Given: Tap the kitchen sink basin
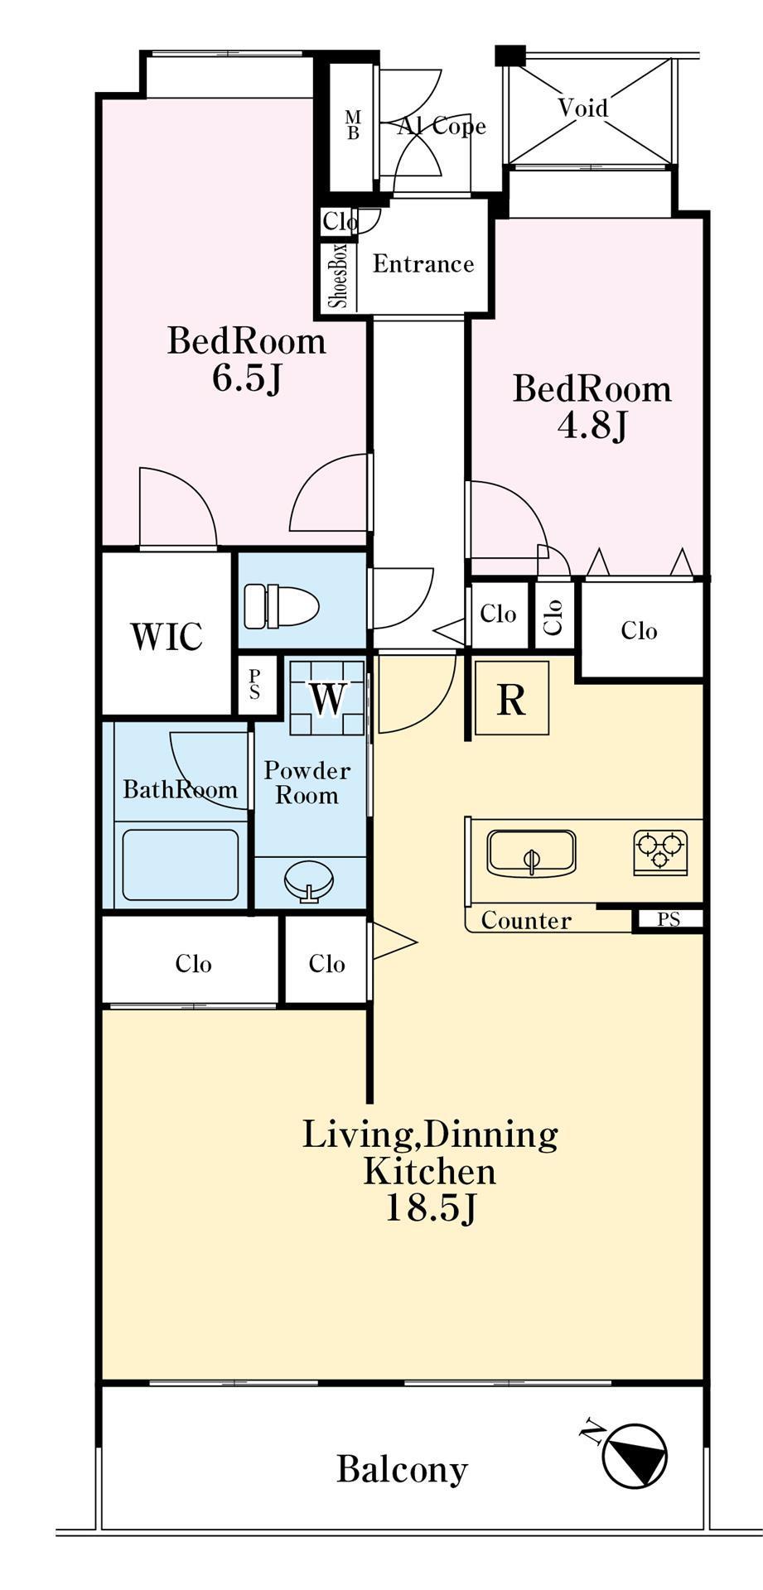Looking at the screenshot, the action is tap(531, 853).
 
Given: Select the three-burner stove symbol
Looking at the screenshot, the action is tap(660, 851).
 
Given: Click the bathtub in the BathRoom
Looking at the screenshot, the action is tap(181, 865).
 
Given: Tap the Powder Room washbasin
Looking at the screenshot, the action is tap(309, 881).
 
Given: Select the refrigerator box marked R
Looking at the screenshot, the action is tap(511, 697).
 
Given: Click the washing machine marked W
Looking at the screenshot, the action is tap(327, 697).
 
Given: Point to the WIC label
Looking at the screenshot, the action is tap(167, 636).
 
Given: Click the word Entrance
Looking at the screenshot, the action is tap(423, 264).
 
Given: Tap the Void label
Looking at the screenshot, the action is tap(582, 108).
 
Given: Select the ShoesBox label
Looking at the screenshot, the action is tap(339, 276).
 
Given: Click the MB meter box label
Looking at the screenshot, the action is tap(353, 124).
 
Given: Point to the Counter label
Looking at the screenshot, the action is tap(526, 920).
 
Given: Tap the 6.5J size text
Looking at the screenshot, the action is tap(247, 378).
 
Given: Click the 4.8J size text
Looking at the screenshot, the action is tap(592, 426).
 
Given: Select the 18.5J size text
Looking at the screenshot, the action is tap(430, 1209).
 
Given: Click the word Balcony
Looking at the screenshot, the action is tap(402, 1470).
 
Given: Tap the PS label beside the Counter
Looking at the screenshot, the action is tap(669, 919).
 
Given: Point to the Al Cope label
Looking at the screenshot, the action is tap(442, 126).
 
